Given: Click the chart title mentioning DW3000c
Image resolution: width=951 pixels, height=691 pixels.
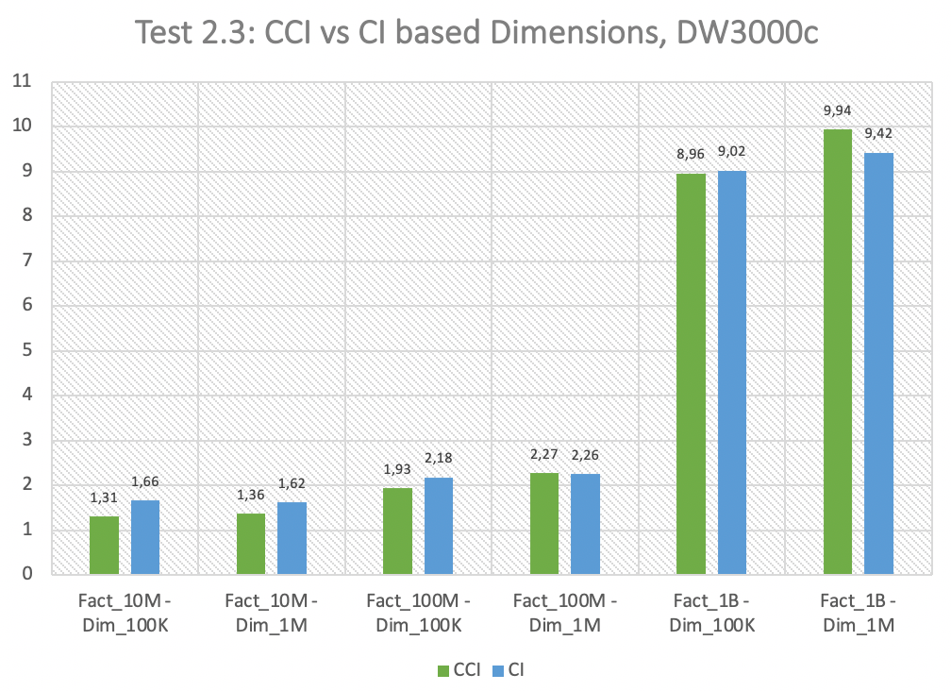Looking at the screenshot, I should (475, 34).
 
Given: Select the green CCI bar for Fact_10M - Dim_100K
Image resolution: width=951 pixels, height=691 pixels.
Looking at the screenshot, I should (104, 545).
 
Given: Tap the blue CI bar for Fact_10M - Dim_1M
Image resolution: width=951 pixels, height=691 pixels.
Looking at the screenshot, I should (292, 538).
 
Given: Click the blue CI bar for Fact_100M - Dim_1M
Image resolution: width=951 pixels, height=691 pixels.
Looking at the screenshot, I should (586, 523).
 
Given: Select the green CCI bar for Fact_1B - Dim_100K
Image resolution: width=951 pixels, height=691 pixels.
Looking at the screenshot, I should (692, 374).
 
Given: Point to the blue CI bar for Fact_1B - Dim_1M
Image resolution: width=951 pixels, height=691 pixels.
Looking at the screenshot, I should (879, 363).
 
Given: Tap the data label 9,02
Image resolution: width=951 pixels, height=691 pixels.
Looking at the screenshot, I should (732, 153).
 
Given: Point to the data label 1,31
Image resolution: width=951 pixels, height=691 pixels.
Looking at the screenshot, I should (104, 498).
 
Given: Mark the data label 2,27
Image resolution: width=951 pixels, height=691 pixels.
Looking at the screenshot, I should (544, 455).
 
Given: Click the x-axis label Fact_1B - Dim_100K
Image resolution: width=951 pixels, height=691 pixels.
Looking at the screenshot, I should (712, 613).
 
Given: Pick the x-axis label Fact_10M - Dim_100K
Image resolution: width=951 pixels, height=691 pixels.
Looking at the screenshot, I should (125, 613).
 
